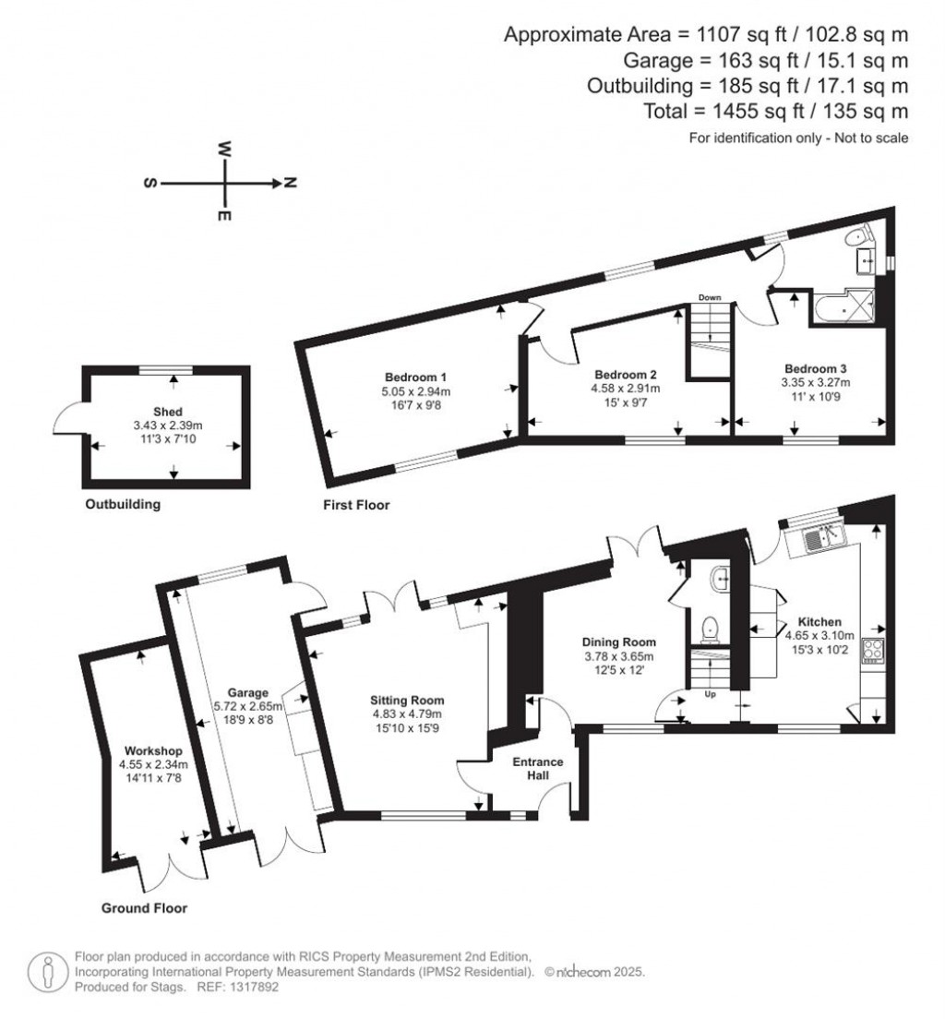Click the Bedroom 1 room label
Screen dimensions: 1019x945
(x=415, y=377)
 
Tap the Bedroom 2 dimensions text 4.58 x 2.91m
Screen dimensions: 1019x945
(x=625, y=389)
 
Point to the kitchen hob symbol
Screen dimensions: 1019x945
(x=872, y=650)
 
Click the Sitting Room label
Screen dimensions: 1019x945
(x=406, y=699)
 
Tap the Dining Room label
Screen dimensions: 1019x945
(x=618, y=642)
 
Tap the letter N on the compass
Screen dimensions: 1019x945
(x=289, y=184)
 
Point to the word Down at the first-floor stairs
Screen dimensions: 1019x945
(x=709, y=297)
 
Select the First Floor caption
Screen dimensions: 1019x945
(x=356, y=505)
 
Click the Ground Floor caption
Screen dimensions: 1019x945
(x=144, y=908)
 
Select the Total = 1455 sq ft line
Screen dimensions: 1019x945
(x=776, y=111)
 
